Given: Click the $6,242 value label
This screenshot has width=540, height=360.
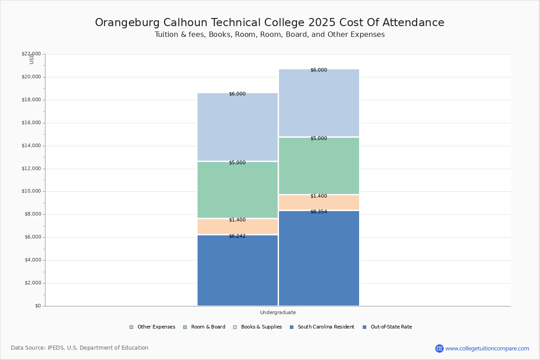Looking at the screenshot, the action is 237,236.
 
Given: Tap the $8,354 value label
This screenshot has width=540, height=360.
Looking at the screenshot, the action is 319,211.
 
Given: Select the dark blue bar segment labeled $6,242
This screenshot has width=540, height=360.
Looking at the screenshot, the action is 238,270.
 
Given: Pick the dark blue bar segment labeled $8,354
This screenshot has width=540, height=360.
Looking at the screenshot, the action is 319,258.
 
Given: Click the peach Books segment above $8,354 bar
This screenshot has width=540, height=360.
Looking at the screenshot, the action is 319,202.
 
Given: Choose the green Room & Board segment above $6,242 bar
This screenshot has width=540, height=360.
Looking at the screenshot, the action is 238,190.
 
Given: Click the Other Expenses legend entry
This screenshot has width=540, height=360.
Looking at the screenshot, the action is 153,327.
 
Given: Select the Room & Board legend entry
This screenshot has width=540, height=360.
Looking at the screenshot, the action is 204,327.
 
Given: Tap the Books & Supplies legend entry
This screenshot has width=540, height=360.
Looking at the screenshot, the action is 257,327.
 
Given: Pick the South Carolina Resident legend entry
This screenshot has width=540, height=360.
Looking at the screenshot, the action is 322,327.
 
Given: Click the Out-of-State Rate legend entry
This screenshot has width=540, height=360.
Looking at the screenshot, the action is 387,327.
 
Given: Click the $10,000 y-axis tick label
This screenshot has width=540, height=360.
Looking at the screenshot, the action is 31,191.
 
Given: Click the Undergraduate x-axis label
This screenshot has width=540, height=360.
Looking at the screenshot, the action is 278,312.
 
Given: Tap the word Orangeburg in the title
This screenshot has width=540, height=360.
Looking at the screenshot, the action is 127,23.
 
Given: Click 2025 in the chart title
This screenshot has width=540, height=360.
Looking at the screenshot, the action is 322,22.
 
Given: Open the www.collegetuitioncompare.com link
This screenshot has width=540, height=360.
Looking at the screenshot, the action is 487,348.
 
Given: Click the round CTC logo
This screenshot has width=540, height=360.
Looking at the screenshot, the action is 439,348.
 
